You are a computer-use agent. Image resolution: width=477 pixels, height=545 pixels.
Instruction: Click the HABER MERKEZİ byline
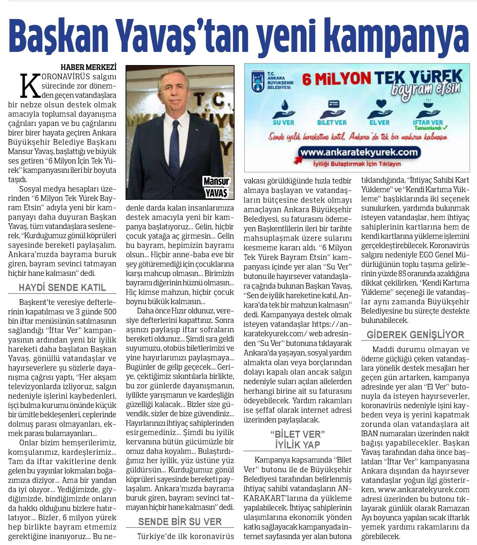88,67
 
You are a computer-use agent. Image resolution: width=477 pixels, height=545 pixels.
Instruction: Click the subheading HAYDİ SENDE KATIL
62,288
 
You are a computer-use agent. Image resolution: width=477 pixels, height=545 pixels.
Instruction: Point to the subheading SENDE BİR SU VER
180,521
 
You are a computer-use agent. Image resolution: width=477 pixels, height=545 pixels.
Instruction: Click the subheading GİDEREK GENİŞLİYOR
415,335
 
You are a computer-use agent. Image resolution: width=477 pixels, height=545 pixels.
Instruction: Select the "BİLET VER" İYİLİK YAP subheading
298,439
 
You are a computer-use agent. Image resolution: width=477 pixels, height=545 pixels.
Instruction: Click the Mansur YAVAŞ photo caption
216,187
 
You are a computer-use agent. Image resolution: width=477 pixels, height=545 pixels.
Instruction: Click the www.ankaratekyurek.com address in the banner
359,152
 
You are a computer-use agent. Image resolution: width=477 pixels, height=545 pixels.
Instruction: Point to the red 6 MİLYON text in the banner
336,79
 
